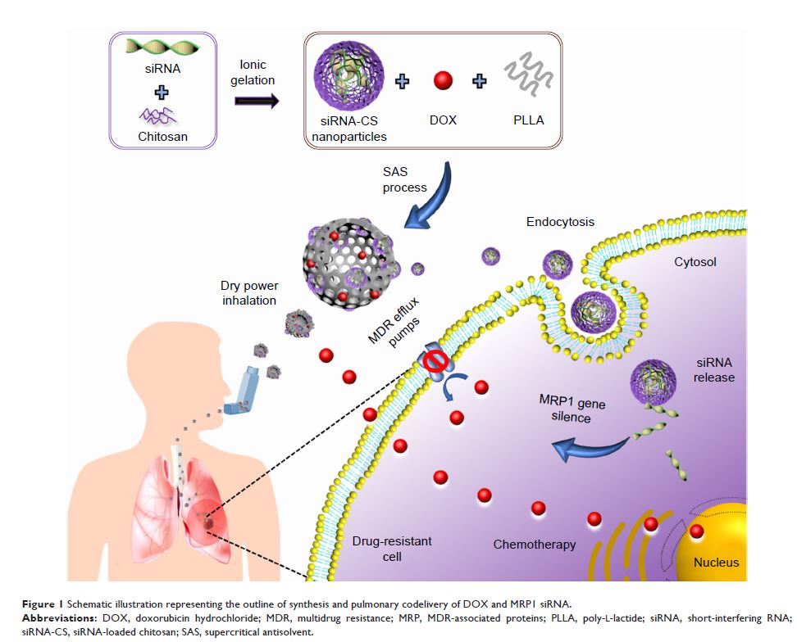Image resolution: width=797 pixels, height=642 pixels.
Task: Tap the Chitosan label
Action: [x=162, y=137]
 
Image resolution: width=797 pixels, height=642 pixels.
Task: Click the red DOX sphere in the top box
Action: [x=443, y=81]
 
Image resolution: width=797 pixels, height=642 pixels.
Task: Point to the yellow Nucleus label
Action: [x=716, y=562]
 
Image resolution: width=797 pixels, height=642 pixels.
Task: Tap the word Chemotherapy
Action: [x=535, y=544]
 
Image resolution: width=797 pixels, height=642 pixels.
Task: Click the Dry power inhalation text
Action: [x=248, y=293]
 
